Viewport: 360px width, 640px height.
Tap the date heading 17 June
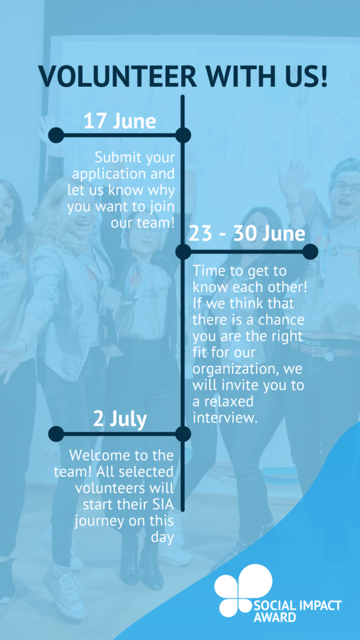[119, 121]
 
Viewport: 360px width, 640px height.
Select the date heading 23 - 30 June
[247, 234]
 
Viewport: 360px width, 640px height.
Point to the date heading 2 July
[119, 419]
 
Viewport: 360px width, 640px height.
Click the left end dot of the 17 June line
[56, 135]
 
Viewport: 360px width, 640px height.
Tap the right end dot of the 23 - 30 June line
[310, 252]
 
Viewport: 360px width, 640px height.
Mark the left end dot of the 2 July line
[56, 434]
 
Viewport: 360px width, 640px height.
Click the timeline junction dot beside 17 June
[183, 135]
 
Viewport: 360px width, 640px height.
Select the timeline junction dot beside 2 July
[183, 434]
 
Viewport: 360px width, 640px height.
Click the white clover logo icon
[243, 590]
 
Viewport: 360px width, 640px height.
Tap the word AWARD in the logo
[275, 617]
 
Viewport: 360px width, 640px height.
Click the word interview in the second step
[225, 418]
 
